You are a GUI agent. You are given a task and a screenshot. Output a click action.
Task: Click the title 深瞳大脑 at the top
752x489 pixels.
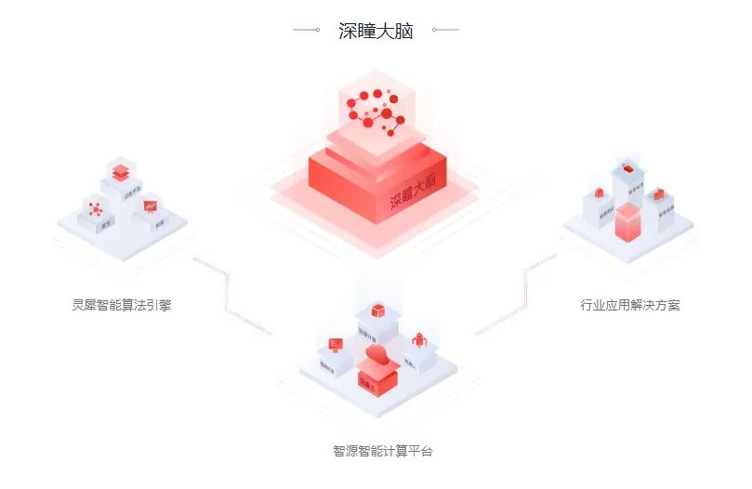376,31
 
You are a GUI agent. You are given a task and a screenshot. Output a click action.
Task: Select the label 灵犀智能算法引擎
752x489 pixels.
122,305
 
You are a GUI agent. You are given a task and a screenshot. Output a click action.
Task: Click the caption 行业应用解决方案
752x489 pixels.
630,305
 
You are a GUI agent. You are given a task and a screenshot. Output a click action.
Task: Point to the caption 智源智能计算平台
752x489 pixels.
382,452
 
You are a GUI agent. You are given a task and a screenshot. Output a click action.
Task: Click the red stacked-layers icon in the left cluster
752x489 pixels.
119,173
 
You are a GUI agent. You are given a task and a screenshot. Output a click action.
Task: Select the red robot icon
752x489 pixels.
418,340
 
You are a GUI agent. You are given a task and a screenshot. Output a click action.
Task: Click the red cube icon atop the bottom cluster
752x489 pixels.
377,310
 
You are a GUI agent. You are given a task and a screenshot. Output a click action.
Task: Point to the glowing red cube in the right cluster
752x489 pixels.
628,223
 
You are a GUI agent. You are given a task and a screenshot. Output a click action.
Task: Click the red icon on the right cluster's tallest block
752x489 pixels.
627,170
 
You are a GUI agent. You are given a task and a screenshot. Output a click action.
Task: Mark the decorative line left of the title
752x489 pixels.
307,30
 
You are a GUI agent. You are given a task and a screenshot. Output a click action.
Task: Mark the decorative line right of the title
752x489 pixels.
446,30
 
